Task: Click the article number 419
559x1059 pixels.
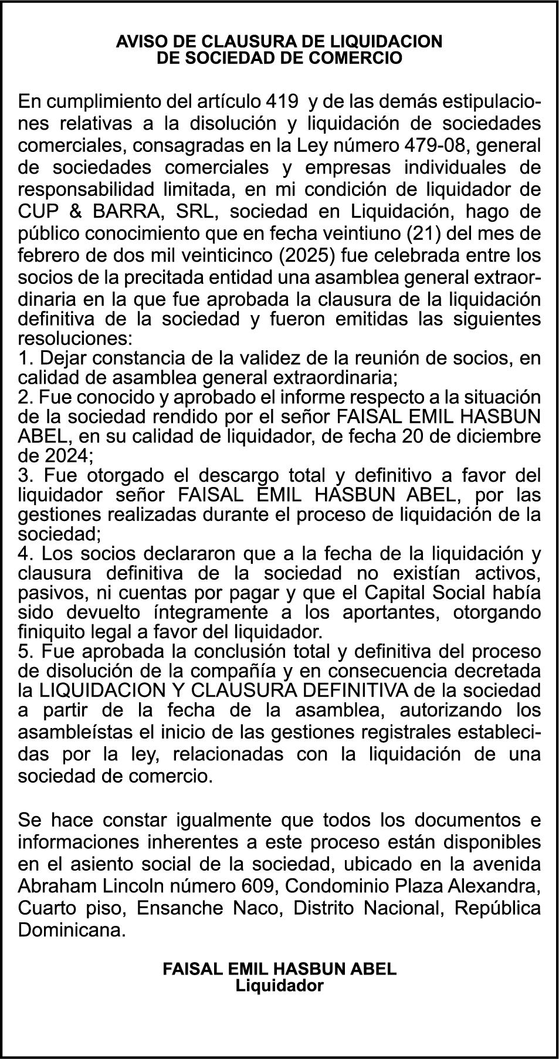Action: point(282,101)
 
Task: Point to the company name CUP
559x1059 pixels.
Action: point(38,211)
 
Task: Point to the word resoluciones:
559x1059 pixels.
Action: point(76,339)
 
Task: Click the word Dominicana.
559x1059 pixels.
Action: point(72,930)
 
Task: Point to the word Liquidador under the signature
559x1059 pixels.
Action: point(279,985)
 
